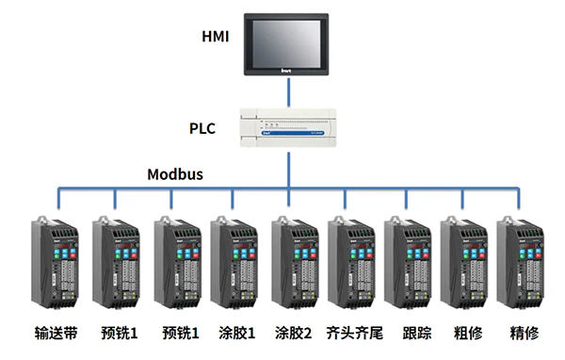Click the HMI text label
pos(215,38)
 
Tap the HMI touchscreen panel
pos(289,41)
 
